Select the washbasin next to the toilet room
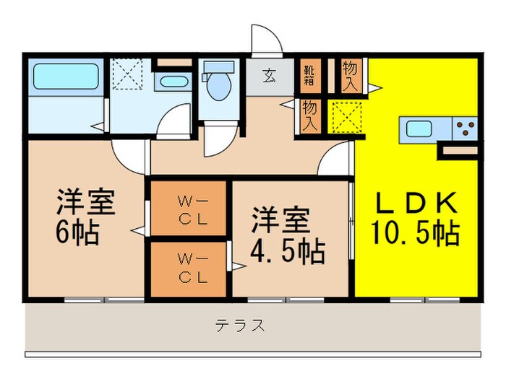[173, 80]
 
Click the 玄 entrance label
[268, 74]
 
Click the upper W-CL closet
[189, 208]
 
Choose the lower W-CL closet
[189, 268]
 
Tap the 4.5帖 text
[287, 252]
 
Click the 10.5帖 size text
[415, 232]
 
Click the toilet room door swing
[214, 139]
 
